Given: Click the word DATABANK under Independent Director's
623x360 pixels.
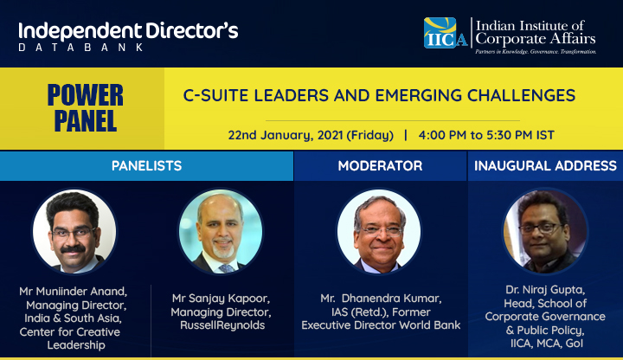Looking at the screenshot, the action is click(80, 48).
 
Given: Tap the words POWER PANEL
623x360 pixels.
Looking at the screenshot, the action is click(86, 107).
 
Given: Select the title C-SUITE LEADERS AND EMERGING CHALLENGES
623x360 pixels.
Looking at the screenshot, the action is click(379, 95).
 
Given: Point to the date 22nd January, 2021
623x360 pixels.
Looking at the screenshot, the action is click(286, 135).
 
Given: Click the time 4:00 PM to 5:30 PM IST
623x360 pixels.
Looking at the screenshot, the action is click(486, 135).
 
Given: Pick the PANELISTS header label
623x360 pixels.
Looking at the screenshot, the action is click(146, 165).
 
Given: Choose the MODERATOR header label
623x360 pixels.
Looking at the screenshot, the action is click(380, 165).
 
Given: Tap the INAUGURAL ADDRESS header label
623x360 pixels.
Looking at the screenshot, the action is click(545, 165).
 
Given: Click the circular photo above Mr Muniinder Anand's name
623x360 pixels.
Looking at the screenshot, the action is click(74, 232).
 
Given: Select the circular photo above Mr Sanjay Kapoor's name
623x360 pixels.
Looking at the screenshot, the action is click(221, 232).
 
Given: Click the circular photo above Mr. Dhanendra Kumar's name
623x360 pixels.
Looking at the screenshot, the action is click(379, 232).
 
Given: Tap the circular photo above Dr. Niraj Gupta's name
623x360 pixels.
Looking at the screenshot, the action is click(545, 232).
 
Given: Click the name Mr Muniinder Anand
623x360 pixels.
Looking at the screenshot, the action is click(73, 292).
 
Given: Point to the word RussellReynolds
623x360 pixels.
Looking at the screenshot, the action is click(222, 325).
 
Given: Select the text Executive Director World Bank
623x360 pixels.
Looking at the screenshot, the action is click(381, 325).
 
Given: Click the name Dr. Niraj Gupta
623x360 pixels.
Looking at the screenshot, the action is click(545, 290).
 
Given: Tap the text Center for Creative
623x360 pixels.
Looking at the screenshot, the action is click(70, 332).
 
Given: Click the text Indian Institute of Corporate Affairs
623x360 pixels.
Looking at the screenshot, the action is click(536, 33).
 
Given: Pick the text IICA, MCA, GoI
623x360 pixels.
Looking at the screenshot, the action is click(547, 344).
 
